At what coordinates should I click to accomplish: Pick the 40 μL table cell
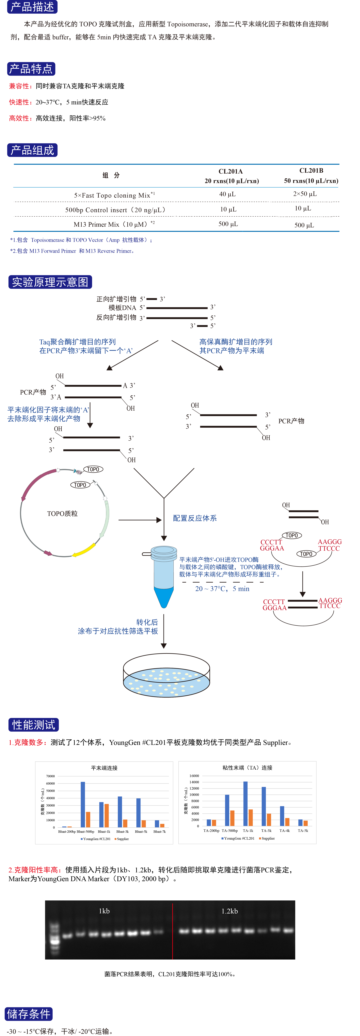[x=227, y=194]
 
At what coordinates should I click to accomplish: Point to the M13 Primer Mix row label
[x=114, y=224]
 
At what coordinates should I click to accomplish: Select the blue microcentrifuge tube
[x=164, y=575]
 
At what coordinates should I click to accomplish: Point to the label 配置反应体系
[x=195, y=518]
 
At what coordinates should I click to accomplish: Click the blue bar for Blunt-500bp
[x=83, y=804]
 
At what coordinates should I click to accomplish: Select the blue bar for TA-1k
[x=245, y=804]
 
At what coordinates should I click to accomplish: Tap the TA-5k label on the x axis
[x=303, y=831]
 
